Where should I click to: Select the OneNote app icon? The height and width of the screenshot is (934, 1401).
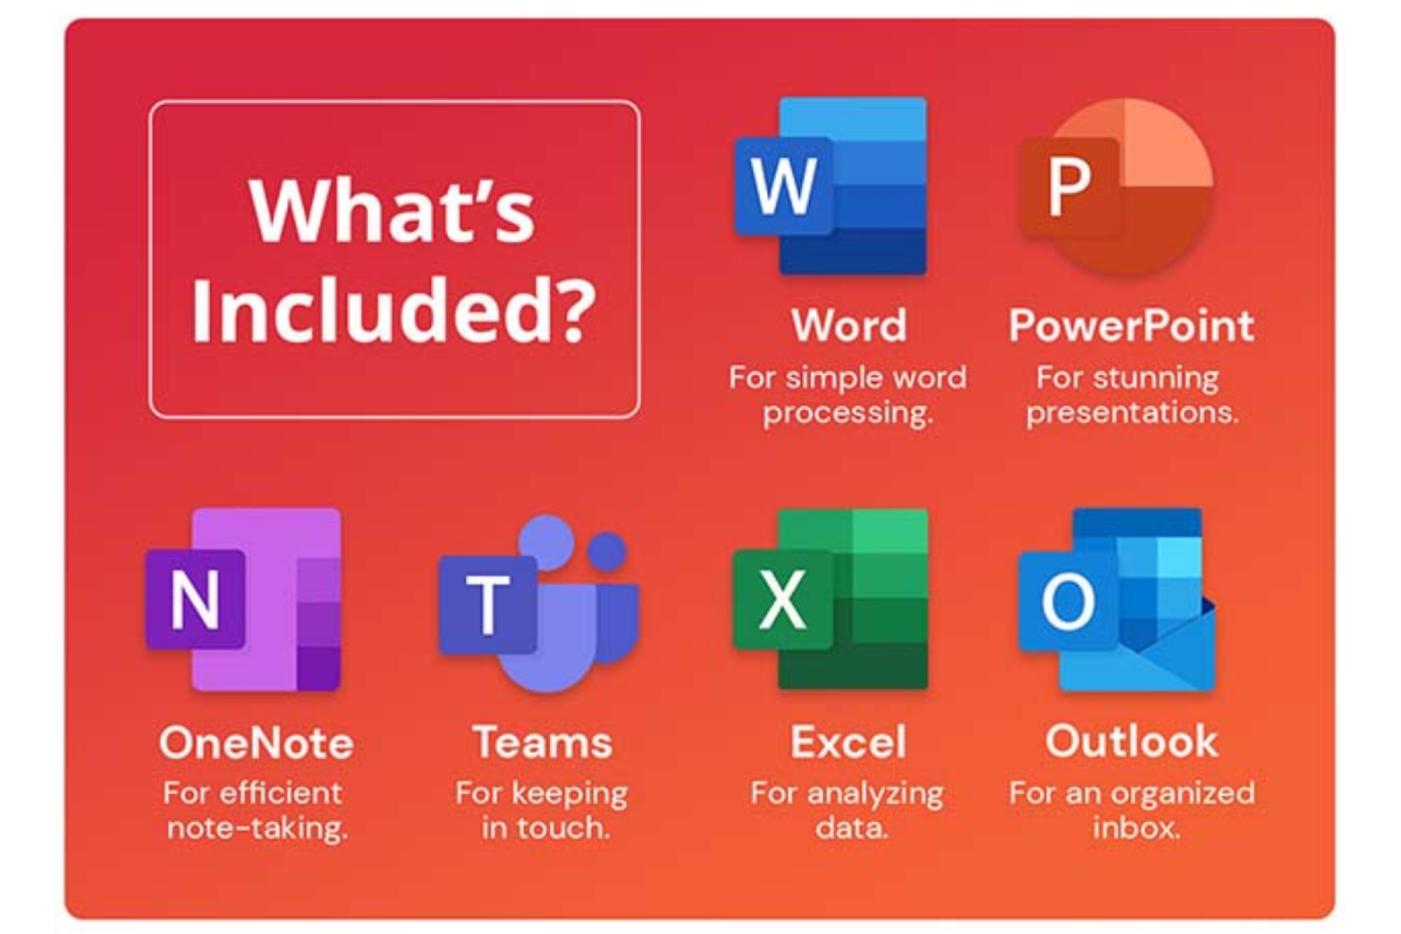pos(244,600)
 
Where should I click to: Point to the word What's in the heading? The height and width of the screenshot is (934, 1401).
pos(392,210)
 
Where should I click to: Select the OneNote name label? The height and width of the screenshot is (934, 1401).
pos(256,743)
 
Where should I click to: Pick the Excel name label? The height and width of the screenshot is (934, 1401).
pos(848,743)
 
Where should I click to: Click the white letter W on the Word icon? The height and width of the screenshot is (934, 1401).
pos(784,186)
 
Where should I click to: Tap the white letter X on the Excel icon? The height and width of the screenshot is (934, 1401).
pos(782,600)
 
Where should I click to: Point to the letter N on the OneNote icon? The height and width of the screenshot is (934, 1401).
pos(195,600)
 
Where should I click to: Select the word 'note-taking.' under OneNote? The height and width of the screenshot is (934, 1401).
pos(257,828)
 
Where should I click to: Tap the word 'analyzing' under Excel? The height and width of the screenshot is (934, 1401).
pos(875,794)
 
